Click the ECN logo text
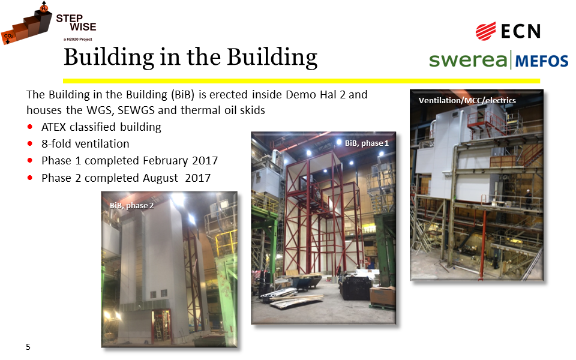pos(521,31)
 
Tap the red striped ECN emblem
pos(485,31)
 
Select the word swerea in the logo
pos(468,60)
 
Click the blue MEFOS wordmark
pos(542,61)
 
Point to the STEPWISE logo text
pos(76,23)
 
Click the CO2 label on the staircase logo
pos(8,36)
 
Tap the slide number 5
pos(28,346)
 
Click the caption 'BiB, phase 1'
pos(367,143)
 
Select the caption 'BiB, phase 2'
pos(131,205)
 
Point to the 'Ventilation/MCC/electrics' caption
pos(467,100)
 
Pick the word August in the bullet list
pos(160,178)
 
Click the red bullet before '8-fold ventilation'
pos(30,143)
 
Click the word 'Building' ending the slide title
pos(272,58)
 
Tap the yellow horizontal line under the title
pos(301,81)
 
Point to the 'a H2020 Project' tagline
pos(77,39)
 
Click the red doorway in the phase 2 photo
pos(161,325)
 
